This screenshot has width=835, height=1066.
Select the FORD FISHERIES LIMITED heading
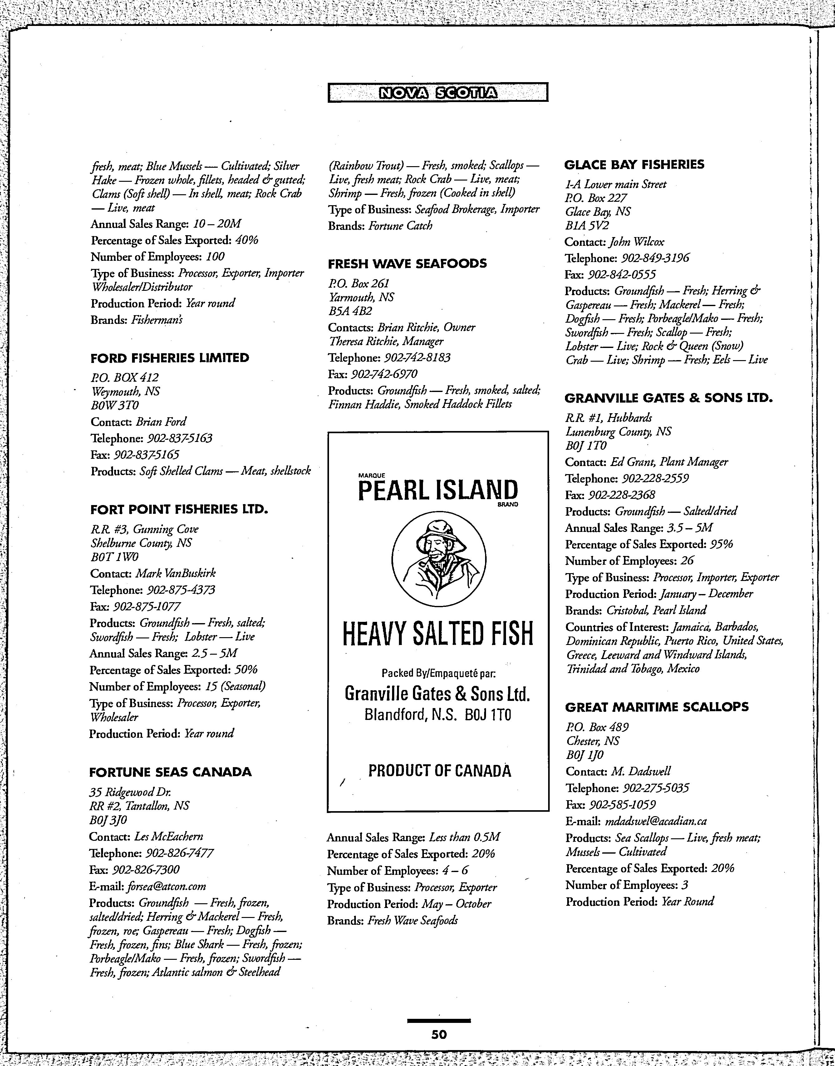(169, 358)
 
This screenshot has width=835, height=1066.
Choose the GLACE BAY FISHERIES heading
(634, 164)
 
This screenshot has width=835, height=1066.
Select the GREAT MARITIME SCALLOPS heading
(656, 707)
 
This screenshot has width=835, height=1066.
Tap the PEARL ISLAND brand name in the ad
(438, 490)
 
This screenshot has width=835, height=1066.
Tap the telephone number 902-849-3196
(655, 258)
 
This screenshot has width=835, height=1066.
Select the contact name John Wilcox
(636, 242)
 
